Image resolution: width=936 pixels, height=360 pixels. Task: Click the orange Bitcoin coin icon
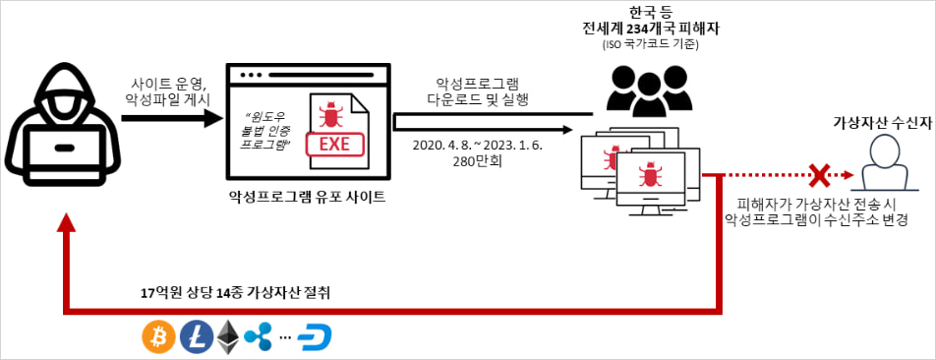pos(157,336)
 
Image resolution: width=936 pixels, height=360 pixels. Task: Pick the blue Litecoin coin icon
pos(196,336)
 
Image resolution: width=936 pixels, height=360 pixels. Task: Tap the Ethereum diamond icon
pos(228,336)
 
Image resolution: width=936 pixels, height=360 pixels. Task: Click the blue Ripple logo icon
pos(258,336)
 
